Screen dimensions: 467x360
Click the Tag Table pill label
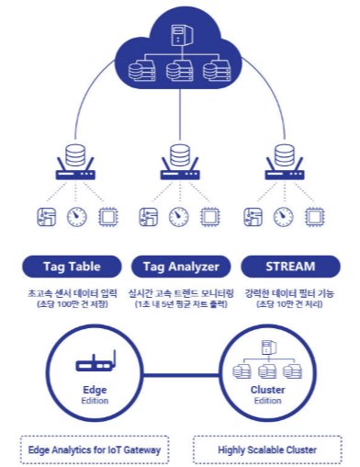72,267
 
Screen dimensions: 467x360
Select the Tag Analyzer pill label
180,267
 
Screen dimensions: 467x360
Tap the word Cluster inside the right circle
268,390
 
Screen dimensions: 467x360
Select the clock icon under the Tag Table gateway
77,217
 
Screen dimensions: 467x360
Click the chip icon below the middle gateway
210,217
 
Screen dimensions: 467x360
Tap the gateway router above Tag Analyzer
180,164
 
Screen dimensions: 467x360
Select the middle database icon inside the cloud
179,70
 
